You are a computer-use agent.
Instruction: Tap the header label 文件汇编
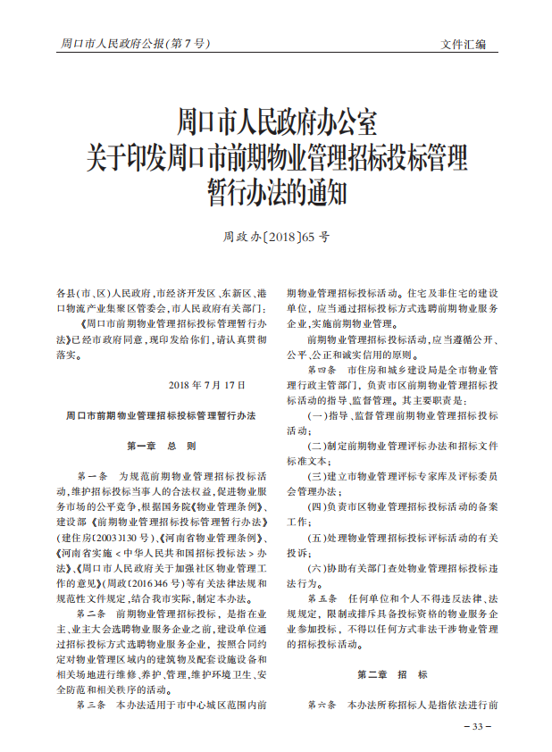pyautogui.click(x=464, y=44)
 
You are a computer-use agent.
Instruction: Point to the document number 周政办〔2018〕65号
pyautogui.click(x=276, y=238)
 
